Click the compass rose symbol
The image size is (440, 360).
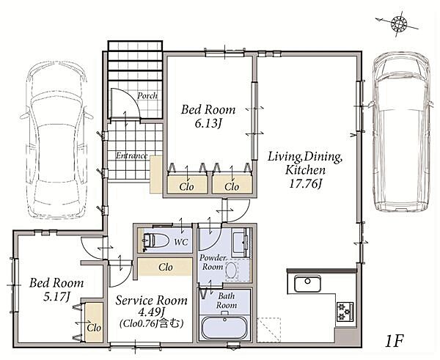(399, 23)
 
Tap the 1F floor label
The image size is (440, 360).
(395, 341)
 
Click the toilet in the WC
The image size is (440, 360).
(155, 240)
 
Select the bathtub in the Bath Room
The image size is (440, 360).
(224, 328)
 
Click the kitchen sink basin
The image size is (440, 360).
(307, 284)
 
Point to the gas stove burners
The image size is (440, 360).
(345, 311)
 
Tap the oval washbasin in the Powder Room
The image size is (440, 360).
(231, 271)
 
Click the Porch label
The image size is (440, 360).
(147, 95)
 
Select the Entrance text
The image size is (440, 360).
(131, 155)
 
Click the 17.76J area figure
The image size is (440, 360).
(305, 184)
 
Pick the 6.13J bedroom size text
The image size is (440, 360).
(208, 123)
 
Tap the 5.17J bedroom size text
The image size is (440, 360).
(56, 296)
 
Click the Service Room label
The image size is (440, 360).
(152, 301)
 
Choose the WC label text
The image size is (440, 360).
(181, 242)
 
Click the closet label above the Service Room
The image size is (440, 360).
(166, 267)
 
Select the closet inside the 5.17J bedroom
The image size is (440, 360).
(94, 323)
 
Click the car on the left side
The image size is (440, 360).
(57, 140)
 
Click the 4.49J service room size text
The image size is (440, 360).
(152, 312)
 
